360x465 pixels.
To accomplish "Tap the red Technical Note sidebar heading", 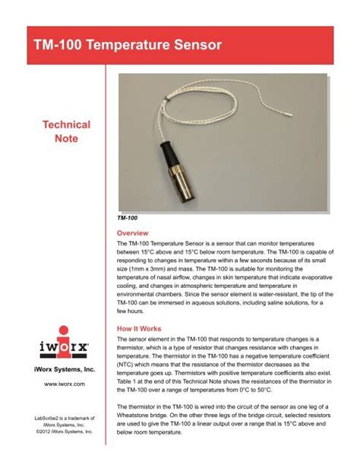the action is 69,132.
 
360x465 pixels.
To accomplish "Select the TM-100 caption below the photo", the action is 128,217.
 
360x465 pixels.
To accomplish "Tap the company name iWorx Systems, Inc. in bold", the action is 68,369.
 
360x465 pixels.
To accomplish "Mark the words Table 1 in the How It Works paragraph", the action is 132,387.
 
